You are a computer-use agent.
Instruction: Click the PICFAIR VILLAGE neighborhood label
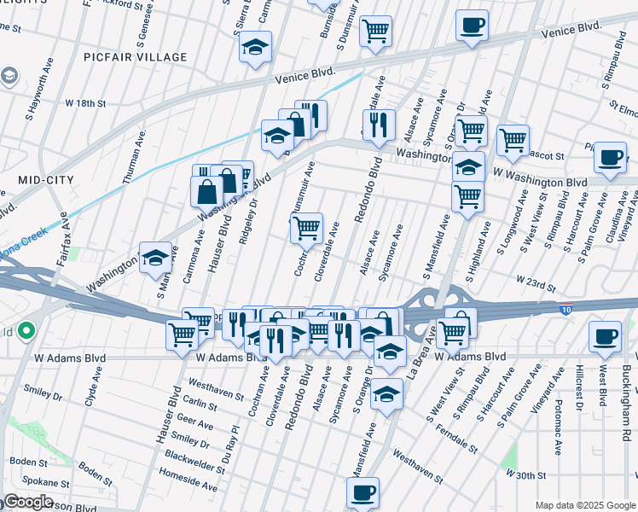[x=136, y=57]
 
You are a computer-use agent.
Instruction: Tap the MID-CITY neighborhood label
[x=45, y=180]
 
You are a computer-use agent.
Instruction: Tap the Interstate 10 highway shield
[x=567, y=308]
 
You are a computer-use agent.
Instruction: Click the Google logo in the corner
[x=28, y=502]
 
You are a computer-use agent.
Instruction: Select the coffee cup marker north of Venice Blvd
[x=472, y=26]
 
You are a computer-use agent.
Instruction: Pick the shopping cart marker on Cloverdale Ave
[x=306, y=228]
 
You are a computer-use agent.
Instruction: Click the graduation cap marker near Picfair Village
[x=254, y=47]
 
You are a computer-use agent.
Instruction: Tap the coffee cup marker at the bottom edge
[x=362, y=492]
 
